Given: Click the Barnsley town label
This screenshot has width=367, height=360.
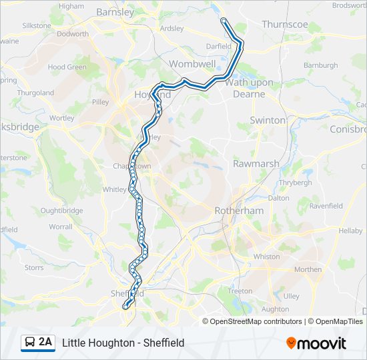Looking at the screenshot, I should (x=115, y=11).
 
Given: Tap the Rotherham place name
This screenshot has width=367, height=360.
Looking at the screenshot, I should (x=239, y=211).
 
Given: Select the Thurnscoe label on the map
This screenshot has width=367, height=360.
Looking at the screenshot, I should (x=285, y=24).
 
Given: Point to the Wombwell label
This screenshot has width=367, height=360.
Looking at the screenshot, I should (x=192, y=64).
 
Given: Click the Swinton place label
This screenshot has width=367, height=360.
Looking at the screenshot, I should (x=268, y=120).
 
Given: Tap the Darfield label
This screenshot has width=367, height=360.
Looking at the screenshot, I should (x=219, y=47).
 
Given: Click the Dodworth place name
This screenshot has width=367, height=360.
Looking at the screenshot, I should (x=73, y=34).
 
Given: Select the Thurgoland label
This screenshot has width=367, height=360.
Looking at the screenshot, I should (x=35, y=93).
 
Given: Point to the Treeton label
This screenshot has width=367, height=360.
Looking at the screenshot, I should (x=240, y=291).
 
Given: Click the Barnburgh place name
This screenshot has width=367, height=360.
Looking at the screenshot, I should (x=321, y=65).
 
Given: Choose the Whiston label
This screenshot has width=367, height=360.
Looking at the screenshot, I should (x=267, y=257).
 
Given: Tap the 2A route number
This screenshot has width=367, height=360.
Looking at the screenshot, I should (x=45, y=343).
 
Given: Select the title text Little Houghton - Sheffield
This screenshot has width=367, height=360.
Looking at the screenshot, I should (x=123, y=343).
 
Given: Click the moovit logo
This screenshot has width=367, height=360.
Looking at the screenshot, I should (x=316, y=343).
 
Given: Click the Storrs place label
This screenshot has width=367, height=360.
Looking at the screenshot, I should (x=34, y=268).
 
